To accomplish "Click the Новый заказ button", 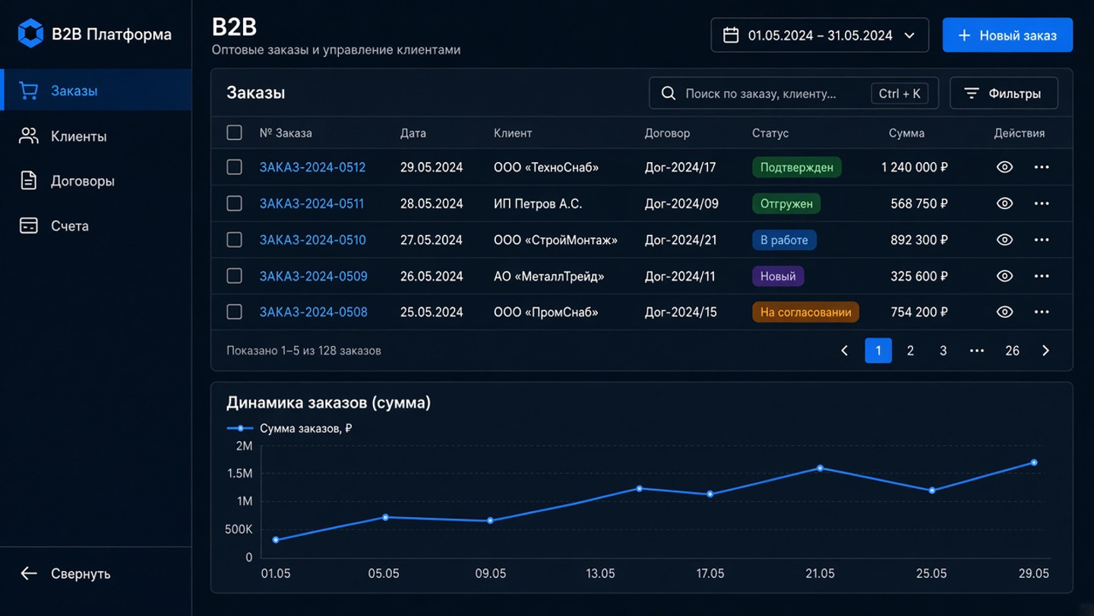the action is coord(1007,35).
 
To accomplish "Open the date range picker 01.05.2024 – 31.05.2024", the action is coord(820,35).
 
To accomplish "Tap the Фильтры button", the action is coord(1004,93).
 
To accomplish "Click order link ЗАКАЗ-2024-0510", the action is coord(312,240).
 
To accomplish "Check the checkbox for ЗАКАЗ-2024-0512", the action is coord(235,167).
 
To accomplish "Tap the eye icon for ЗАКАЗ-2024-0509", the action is coord(1004,276).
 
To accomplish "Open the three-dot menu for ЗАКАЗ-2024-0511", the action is coord(1042,203).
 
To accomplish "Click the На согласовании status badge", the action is coord(805,312).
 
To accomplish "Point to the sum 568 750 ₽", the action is coord(919,204).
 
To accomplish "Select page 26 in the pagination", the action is coord(1012,351).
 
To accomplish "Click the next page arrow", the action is coord(1045,351).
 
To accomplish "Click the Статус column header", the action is coord(770,133).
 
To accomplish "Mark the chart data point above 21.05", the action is coord(820,468).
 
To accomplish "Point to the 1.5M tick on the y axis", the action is coord(240,473).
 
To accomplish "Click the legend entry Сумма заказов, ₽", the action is coord(289,429).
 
